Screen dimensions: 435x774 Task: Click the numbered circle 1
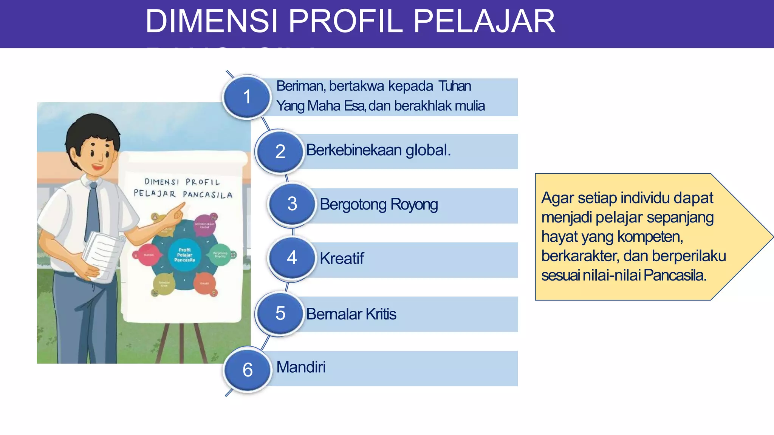click(247, 97)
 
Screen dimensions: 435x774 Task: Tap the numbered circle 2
click(280, 151)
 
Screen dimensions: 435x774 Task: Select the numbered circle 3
click(292, 204)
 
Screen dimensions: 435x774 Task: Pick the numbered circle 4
click(292, 258)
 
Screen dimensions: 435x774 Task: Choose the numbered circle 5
click(280, 313)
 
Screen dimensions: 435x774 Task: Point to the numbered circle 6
click(248, 369)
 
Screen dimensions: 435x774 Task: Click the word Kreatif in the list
click(342, 259)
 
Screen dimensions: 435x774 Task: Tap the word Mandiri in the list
click(301, 367)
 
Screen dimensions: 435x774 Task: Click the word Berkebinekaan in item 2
click(354, 150)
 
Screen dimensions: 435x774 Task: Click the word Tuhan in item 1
click(455, 86)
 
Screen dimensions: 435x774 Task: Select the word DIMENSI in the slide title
click(212, 22)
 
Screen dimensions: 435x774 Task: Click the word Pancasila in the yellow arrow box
click(675, 275)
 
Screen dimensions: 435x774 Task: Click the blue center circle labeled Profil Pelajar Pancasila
click(184, 255)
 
